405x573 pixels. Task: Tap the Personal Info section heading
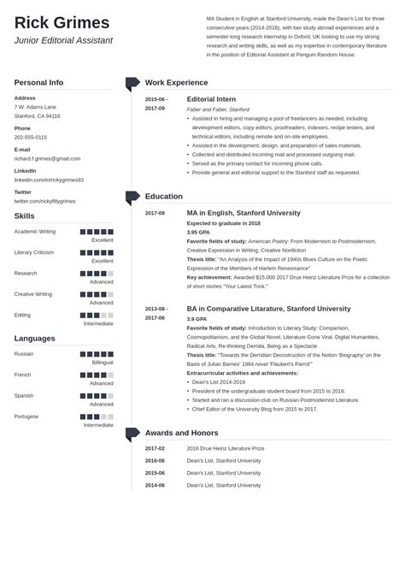tap(38, 82)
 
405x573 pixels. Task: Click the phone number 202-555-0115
tap(31, 137)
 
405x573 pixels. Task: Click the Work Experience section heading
tap(176, 83)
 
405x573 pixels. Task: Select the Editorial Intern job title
tap(214, 99)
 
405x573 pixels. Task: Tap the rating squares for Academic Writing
tap(97, 231)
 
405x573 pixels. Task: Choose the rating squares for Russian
tap(97, 353)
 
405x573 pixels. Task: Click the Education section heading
tap(164, 197)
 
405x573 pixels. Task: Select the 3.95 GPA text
tap(198, 232)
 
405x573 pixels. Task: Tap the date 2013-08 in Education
tap(156, 309)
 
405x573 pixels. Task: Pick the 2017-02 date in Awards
tap(155, 447)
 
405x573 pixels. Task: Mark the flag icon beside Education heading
tap(132, 197)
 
